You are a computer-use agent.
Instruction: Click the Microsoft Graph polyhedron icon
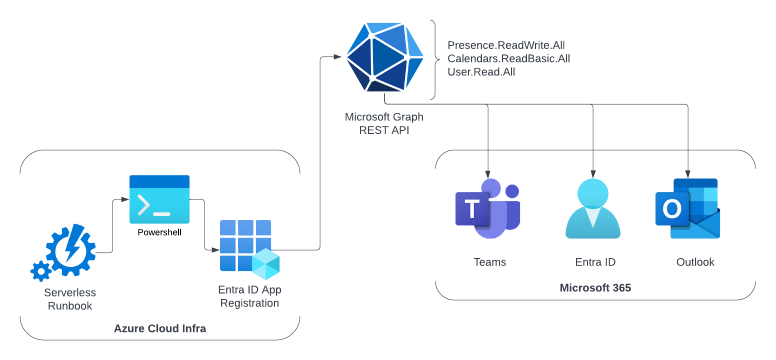384,57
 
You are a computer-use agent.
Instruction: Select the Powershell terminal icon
159,199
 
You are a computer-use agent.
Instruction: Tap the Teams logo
488,208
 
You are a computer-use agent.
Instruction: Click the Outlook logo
687,208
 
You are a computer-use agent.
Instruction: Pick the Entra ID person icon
592,208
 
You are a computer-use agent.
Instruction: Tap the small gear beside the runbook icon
41,271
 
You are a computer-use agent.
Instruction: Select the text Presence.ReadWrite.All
506,45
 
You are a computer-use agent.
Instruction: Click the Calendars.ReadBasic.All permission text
508,58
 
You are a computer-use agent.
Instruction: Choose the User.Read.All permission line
481,71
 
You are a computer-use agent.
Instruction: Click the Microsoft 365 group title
595,287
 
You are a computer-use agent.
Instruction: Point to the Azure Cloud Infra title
160,328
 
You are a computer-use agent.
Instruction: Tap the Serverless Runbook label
70,299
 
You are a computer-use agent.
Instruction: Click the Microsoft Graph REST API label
384,123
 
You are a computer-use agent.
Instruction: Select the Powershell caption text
159,232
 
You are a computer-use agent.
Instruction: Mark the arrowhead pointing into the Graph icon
337,57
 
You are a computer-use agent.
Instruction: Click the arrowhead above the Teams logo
488,174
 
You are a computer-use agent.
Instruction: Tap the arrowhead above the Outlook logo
687,174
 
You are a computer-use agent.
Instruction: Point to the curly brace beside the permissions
435,59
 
